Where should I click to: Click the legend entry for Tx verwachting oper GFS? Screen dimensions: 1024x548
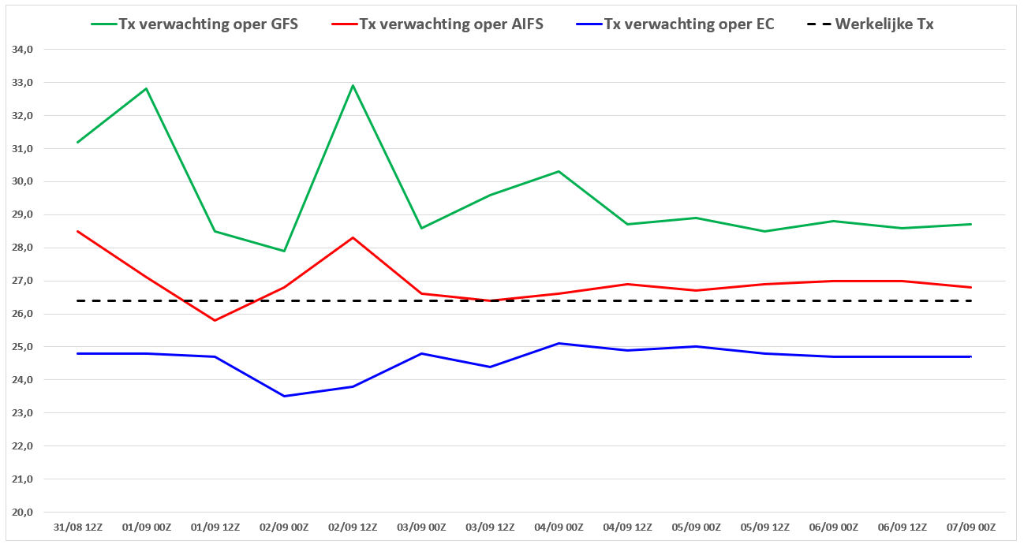point(194,24)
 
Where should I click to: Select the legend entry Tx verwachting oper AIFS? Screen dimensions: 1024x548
point(438,24)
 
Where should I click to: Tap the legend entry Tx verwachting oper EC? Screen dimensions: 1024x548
point(675,24)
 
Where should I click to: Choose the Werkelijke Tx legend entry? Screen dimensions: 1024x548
point(870,24)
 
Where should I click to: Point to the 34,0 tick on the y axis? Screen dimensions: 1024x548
point(22,50)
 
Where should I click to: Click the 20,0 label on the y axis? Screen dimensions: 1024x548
point(22,513)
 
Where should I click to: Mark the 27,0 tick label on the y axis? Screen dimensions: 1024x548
point(22,281)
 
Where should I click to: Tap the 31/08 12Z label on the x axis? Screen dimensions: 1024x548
point(78,527)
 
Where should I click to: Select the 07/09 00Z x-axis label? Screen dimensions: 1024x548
point(971,527)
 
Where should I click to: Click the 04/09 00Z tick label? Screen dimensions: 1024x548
point(559,527)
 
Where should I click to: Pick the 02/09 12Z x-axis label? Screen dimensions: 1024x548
point(353,527)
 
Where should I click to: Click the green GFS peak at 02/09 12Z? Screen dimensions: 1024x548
point(353,85)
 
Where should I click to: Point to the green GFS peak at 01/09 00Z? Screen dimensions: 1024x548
point(146,88)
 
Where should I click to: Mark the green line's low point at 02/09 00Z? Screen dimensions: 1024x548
point(284,251)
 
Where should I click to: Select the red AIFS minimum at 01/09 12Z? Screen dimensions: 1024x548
point(215,320)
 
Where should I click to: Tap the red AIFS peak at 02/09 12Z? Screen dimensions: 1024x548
point(353,237)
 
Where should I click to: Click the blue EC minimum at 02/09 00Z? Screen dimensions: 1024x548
point(284,397)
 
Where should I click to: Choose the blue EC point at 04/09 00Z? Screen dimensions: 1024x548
point(559,343)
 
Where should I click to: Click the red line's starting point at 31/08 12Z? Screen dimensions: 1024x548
point(78,231)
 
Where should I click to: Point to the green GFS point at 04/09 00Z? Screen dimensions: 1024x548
point(559,171)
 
